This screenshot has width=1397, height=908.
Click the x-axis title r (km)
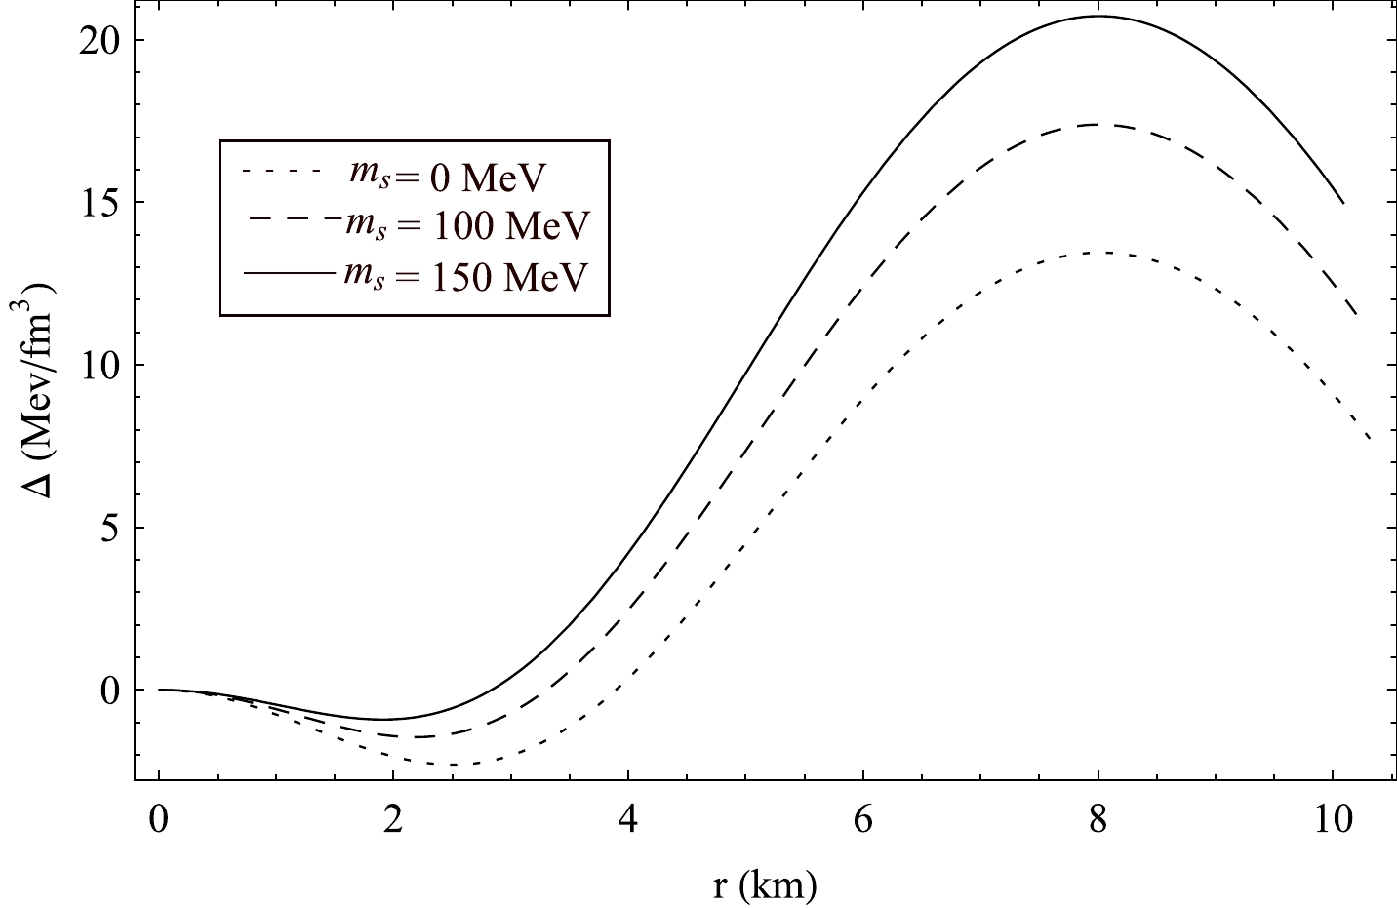(764, 886)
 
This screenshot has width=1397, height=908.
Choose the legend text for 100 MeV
(469, 226)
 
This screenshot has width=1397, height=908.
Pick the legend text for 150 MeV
(468, 277)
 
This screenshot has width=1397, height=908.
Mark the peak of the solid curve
(1098, 17)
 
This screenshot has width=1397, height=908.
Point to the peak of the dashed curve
(1098, 124)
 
